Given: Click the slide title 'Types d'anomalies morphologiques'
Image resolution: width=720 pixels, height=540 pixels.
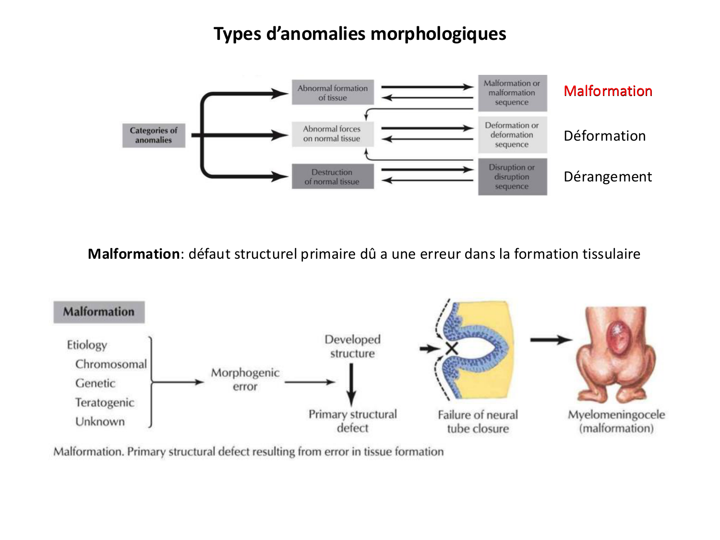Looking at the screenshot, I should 360,34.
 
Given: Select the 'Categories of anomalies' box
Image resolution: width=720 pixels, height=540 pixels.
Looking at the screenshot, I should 154,135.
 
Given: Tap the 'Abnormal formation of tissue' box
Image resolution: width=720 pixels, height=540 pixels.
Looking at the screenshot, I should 333,93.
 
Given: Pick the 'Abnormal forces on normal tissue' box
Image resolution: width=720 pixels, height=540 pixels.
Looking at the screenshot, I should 332,134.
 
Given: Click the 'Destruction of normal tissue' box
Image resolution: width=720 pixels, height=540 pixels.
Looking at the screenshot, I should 332,177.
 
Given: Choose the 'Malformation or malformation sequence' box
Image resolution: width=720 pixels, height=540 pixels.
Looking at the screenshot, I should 512,93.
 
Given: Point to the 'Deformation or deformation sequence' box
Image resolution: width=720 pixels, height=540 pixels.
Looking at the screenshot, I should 512,135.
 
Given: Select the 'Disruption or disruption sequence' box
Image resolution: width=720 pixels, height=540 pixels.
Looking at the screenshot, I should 512,177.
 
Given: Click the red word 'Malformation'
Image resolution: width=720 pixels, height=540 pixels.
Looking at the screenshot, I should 608,91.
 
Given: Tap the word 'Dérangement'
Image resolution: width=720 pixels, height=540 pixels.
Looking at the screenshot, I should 608,177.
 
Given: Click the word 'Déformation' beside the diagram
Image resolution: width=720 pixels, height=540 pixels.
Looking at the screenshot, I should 605,136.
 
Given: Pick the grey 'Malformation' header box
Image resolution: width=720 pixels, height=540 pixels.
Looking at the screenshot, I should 99,312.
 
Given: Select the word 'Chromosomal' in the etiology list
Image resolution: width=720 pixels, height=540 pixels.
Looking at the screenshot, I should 111,364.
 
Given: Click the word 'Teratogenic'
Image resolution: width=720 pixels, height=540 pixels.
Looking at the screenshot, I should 105,403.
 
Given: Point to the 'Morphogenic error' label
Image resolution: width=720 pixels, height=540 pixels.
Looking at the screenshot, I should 245,380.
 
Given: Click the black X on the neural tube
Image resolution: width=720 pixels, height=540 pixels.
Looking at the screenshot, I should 452,348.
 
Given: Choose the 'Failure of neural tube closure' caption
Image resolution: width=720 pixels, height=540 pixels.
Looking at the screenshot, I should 478,421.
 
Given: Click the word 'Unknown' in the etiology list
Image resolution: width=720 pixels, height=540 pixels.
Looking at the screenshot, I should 100,422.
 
